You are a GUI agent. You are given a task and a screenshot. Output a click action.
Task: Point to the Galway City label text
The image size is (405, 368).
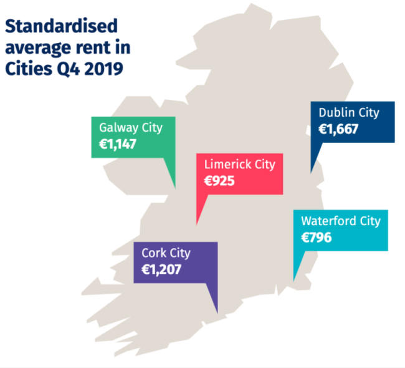click(131, 128)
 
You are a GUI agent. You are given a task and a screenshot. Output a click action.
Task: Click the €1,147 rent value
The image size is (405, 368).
click(118, 145)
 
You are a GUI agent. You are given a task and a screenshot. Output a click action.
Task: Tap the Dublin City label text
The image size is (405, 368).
click(348, 113)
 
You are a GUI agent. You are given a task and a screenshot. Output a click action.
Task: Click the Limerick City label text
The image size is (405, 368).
click(239, 165)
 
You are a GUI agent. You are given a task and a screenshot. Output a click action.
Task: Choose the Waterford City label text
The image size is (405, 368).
click(340, 221)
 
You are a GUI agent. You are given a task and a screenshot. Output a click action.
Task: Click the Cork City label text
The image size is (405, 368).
click(166, 253)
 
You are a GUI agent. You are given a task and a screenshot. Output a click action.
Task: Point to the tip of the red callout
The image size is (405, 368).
click(197, 224)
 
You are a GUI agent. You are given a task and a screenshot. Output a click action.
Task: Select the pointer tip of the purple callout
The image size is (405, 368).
click(217, 311)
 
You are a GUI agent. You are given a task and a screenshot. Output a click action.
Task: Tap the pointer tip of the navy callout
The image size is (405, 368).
click(311, 173)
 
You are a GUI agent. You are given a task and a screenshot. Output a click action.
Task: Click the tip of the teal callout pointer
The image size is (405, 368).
click(294, 282)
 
